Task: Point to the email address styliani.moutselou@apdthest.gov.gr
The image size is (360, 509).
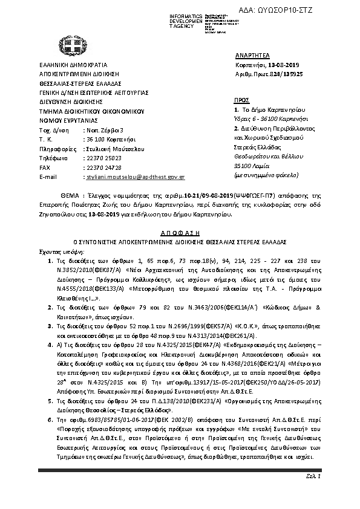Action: (x=135, y=178)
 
